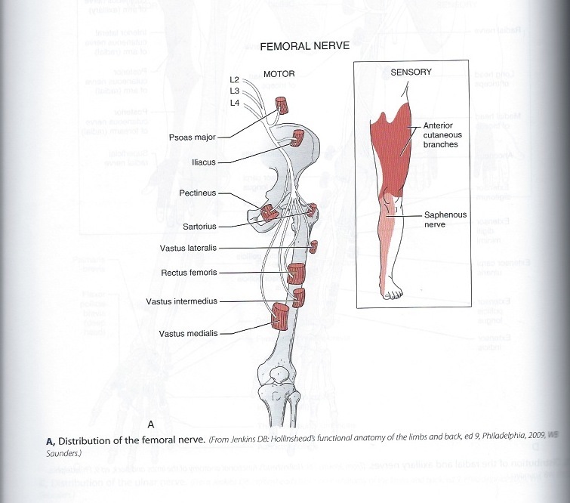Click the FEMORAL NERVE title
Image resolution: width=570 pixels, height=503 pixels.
(304, 46)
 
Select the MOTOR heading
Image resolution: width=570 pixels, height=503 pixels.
(279, 73)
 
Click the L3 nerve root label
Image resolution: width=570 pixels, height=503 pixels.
(234, 91)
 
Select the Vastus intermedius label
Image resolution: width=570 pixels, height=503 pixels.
(181, 301)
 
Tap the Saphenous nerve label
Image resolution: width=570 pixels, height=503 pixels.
(445, 221)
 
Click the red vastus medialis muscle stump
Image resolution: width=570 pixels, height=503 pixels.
(280, 316)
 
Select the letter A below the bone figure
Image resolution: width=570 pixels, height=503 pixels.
(151, 423)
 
